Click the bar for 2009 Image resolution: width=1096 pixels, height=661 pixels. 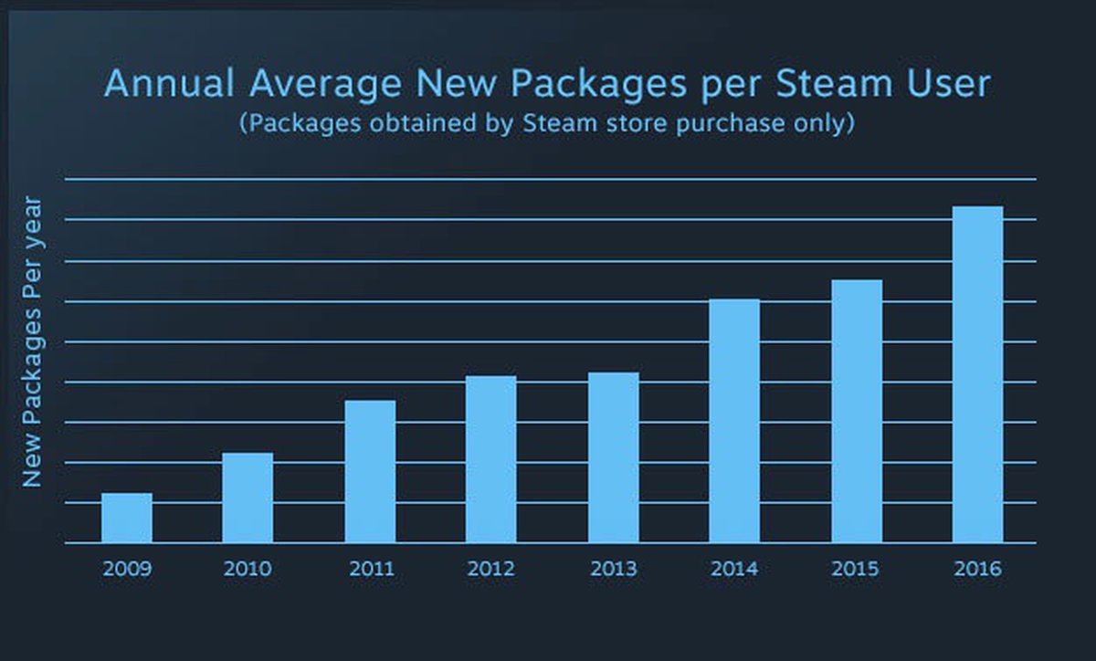(127, 518)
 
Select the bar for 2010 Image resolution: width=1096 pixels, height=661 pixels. (248, 498)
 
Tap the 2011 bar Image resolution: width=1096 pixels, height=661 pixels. (370, 471)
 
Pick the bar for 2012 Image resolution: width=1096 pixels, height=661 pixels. (491, 459)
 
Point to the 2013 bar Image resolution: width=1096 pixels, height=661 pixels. (613, 457)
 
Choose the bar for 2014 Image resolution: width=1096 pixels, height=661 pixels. (734, 421)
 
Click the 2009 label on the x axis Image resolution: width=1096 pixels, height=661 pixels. (127, 569)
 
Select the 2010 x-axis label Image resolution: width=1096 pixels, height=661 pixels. (248, 569)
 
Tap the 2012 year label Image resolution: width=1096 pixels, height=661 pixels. (491, 569)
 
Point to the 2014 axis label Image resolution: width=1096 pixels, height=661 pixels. (734, 569)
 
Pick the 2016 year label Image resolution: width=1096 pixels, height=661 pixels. (977, 569)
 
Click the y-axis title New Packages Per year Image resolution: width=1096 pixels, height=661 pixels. (33, 341)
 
